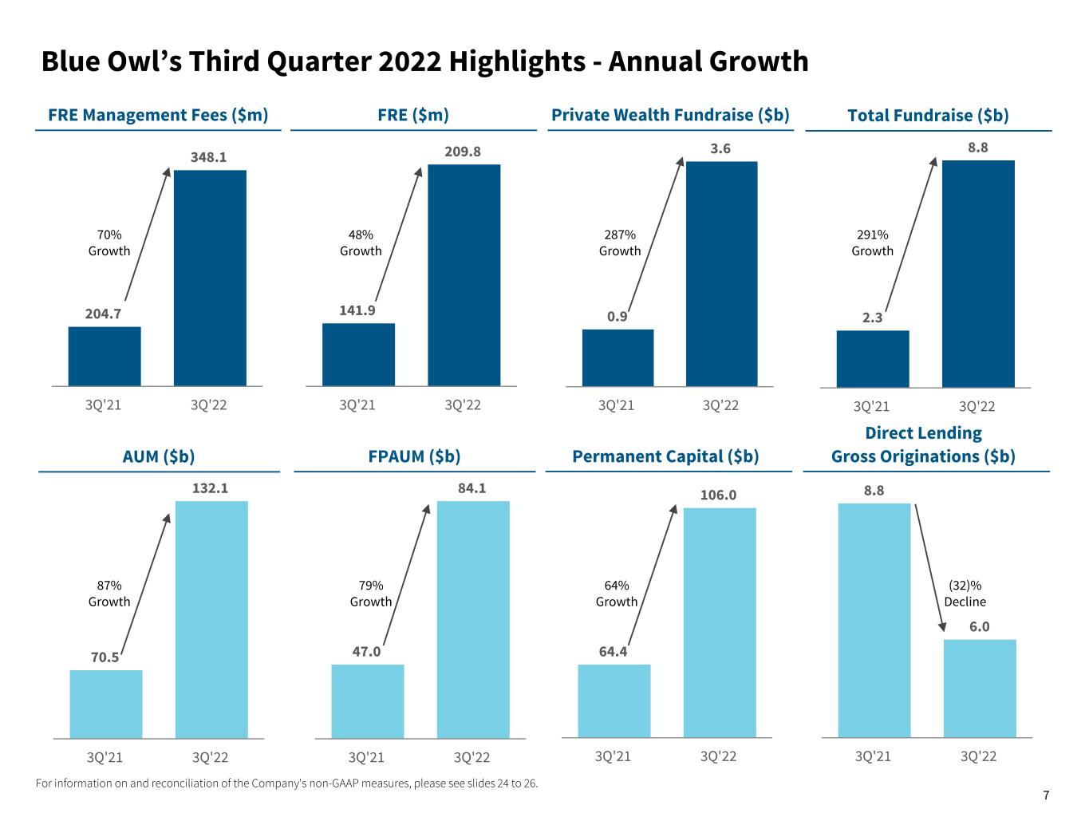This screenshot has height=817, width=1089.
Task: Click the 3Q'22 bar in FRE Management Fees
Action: click(210, 278)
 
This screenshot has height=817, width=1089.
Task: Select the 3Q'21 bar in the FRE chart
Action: click(358, 354)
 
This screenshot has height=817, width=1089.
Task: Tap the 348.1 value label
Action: click(208, 157)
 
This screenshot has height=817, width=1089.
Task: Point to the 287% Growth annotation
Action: click(620, 243)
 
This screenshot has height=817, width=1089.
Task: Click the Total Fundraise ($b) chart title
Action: click(928, 115)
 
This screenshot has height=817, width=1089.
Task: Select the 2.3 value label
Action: click(872, 318)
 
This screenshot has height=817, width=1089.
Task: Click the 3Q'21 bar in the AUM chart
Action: click(106, 704)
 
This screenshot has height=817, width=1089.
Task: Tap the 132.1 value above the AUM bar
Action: click(210, 487)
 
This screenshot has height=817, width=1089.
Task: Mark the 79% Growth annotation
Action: click(371, 594)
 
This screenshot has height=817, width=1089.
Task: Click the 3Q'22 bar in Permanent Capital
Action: click(720, 622)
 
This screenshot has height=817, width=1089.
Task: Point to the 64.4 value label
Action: click(613, 652)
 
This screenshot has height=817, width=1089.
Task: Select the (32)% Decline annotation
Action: click(965, 594)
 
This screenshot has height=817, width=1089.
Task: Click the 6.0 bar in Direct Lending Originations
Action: click(980, 688)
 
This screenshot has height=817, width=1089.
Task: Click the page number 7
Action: click(1046, 795)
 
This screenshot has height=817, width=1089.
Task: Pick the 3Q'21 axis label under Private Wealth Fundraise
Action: click(616, 405)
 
